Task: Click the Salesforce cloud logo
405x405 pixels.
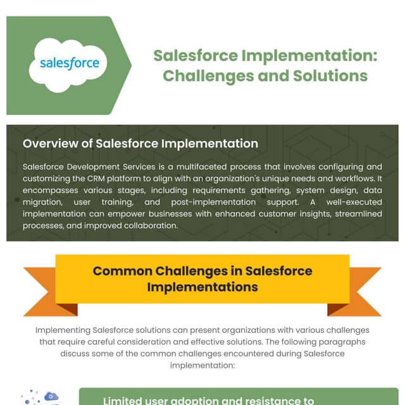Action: pos(69,64)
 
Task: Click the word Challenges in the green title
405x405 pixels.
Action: pos(207,75)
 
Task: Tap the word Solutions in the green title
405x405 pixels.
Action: pos(330,75)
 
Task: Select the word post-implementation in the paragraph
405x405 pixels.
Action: pos(228,202)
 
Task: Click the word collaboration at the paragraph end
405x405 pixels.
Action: pos(147,225)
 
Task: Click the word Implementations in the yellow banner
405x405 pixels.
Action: pos(202,287)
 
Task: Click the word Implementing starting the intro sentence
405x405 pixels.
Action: pos(63,331)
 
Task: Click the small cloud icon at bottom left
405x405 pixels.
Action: pos(49,397)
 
